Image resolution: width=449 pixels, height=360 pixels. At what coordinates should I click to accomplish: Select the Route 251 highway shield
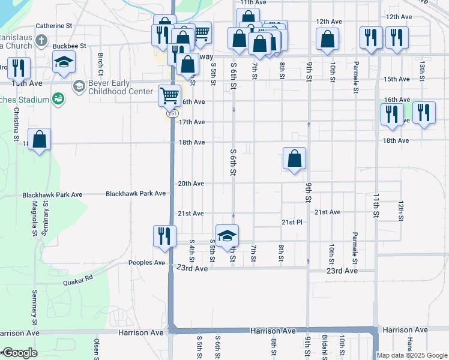172,113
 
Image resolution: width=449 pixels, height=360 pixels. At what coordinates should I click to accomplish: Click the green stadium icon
58,98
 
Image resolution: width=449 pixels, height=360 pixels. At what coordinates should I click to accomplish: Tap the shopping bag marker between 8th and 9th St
295,159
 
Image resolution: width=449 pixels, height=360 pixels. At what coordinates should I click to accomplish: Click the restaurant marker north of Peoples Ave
164,235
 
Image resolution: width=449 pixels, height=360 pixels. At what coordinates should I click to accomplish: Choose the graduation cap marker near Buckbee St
64,62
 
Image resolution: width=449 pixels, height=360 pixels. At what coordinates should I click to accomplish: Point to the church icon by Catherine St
41,41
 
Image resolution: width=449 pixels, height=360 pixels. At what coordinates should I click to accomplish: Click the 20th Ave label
191,184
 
